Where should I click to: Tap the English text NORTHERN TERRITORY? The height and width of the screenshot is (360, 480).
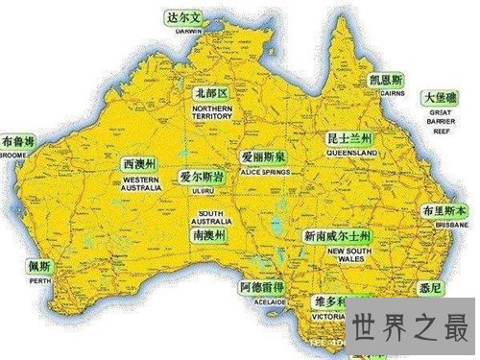212,113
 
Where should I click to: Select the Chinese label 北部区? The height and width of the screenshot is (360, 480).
210,94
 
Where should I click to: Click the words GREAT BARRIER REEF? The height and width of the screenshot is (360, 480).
444,125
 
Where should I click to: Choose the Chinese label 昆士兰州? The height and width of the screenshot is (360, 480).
349,139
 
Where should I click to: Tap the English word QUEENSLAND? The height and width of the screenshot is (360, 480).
349,153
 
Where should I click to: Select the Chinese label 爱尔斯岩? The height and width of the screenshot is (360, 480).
202,178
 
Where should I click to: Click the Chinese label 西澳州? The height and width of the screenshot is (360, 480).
140,164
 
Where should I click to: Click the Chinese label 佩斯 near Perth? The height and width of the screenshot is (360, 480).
38,266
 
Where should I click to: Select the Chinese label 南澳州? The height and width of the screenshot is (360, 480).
209,235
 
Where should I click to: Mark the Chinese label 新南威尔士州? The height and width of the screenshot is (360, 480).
337,236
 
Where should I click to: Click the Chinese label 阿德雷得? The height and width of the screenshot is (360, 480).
263,287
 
